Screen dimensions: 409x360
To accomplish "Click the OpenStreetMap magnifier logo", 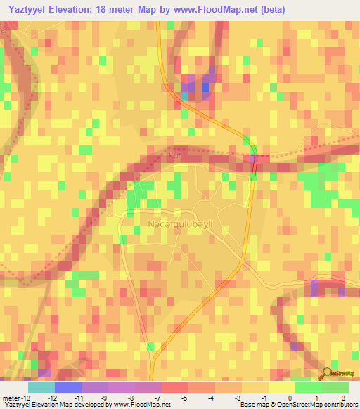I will pyautogui.click(x=328, y=373).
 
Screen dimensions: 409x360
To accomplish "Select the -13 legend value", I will pyautogui.click(x=25, y=398).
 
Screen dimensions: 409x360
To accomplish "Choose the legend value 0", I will pyautogui.click(x=290, y=398).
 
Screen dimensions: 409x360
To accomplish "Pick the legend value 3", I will pyautogui.click(x=342, y=398).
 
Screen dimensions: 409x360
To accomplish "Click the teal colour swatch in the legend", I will pyautogui.click(x=41, y=387).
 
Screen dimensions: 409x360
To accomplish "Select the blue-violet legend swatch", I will pyautogui.click(x=67, y=387).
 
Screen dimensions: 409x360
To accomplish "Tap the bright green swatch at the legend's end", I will pyautogui.click(x=335, y=387).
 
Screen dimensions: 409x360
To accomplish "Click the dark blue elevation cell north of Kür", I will pyautogui.click(x=205, y=87).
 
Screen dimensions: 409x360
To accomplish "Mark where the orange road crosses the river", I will pyautogui.click(x=254, y=162).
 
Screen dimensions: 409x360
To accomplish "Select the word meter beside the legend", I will pyautogui.click(x=10, y=398).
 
